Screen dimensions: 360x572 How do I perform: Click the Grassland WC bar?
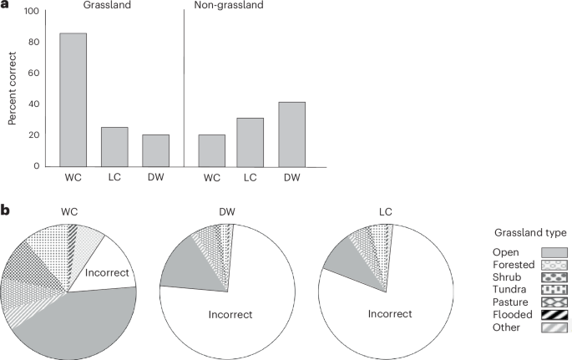[73, 99]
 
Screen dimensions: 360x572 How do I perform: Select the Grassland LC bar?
[114, 146]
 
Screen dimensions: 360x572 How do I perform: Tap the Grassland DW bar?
[155, 150]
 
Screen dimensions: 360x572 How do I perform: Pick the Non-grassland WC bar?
[211, 150]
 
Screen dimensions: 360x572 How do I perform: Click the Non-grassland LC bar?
[251, 142]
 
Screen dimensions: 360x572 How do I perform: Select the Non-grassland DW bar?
[291, 134]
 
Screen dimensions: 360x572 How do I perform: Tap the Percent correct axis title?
[13, 89]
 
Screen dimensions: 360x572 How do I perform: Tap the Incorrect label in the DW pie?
[226, 316]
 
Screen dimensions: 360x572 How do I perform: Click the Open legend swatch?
[545, 251]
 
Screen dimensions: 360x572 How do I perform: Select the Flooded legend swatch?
[545, 315]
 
